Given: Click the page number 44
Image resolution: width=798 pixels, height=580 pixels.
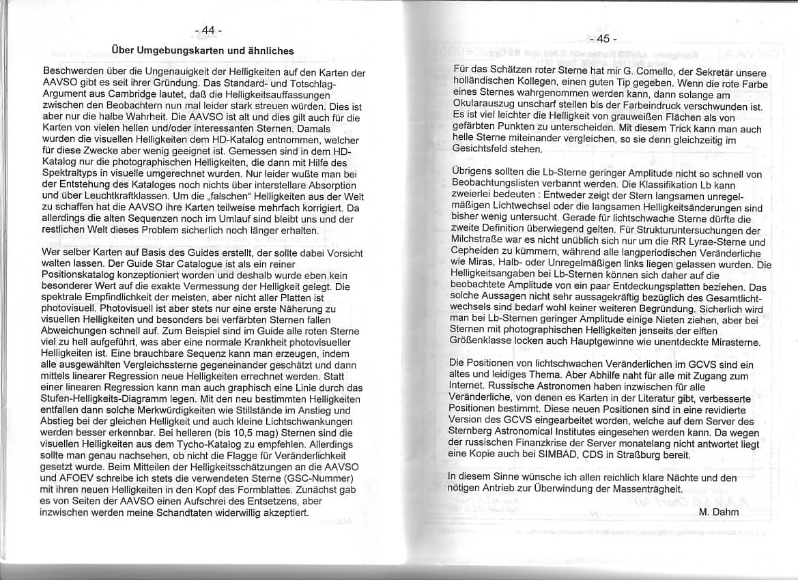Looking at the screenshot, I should [x=208, y=31].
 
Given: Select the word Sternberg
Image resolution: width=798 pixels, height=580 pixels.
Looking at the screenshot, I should [x=475, y=433].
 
